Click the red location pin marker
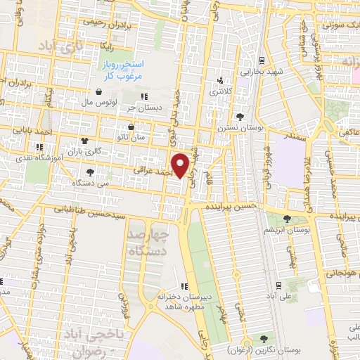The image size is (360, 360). click(181, 165)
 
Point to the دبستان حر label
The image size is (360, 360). click(140, 108)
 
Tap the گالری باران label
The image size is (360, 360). click(90, 151)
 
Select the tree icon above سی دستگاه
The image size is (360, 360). click(89, 172)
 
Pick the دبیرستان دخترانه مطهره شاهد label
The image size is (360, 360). click(184, 301)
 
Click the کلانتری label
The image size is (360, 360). click(219, 91)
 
